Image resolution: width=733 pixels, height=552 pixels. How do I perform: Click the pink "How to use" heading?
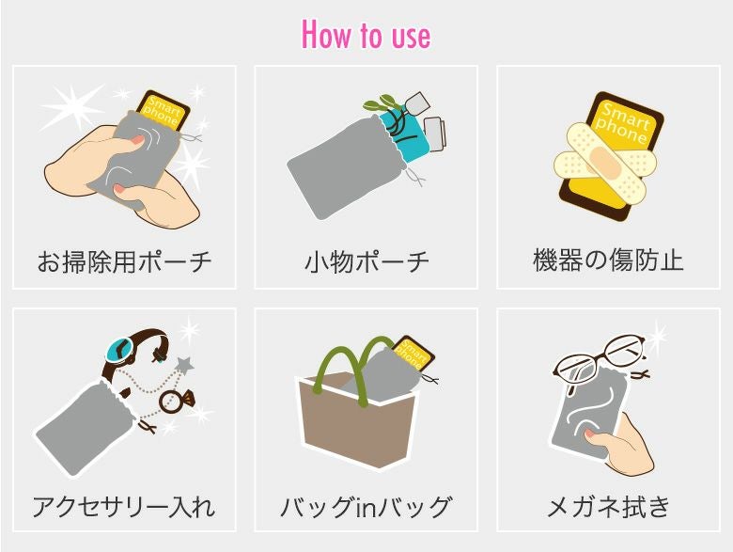click(366, 34)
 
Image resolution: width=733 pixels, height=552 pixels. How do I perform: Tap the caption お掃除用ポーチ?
click(124, 261)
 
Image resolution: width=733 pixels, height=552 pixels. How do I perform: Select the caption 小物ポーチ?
click(366, 261)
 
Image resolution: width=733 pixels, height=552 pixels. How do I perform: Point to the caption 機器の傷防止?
click(608, 260)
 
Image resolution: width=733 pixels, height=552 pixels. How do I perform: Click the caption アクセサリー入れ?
click(124, 507)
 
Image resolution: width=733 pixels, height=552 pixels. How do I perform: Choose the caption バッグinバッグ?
click(366, 507)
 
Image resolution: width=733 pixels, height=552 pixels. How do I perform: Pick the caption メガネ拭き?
click(608, 507)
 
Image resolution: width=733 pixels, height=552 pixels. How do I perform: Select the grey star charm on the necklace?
click(184, 365)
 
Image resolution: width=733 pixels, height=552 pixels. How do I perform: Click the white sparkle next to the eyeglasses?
click(658, 336)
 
